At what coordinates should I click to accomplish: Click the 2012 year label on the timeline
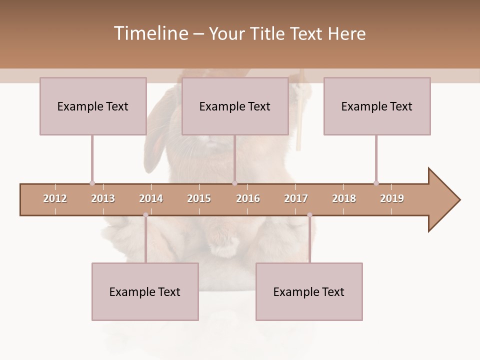(55, 198)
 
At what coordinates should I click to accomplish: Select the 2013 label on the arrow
(103, 198)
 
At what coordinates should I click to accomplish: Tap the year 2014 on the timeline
(151, 198)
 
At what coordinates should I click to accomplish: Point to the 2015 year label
(199, 198)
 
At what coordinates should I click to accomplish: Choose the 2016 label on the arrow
(248, 198)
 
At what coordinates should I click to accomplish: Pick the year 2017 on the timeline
(296, 198)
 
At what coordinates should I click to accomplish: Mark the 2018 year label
(344, 198)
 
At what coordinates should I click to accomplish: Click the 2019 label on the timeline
(392, 198)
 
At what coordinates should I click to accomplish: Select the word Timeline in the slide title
(150, 33)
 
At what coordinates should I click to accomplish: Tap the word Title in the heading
(269, 33)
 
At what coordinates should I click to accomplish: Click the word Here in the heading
(346, 33)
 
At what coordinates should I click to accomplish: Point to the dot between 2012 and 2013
(92, 183)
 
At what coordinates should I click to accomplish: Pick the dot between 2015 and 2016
(234, 183)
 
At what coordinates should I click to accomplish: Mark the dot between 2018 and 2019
(376, 183)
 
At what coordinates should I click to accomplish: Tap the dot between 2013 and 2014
(145, 215)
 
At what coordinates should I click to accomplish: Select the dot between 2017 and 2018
(309, 215)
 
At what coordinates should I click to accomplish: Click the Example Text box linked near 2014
(145, 291)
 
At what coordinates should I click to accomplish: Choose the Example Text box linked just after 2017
(309, 291)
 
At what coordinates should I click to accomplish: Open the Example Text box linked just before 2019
(377, 106)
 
